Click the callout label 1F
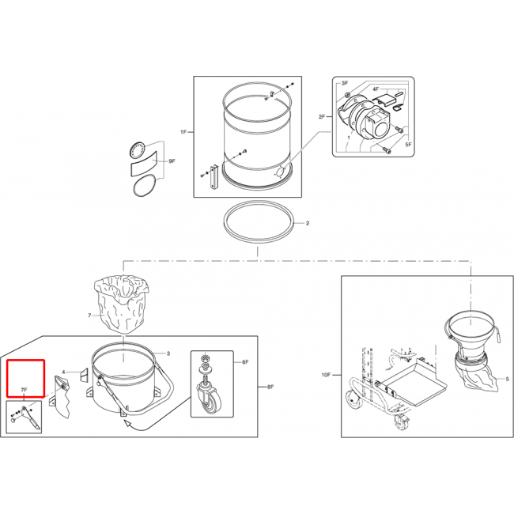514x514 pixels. tap(183, 132)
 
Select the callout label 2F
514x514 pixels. tap(322, 116)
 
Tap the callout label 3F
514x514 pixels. tap(345, 83)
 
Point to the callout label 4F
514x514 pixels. tap(376, 89)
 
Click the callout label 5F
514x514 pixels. tap(408, 144)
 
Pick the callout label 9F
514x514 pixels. tap(172, 161)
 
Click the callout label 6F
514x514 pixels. tap(245, 362)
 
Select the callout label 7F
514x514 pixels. tap(24, 390)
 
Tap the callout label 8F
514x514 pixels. tap(270, 387)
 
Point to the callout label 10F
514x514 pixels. tap(326, 375)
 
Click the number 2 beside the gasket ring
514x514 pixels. tap(308, 223)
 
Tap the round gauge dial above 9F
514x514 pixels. tap(137, 150)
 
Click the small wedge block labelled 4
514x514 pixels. tap(85, 375)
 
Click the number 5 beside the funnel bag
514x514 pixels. tap(507, 379)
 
